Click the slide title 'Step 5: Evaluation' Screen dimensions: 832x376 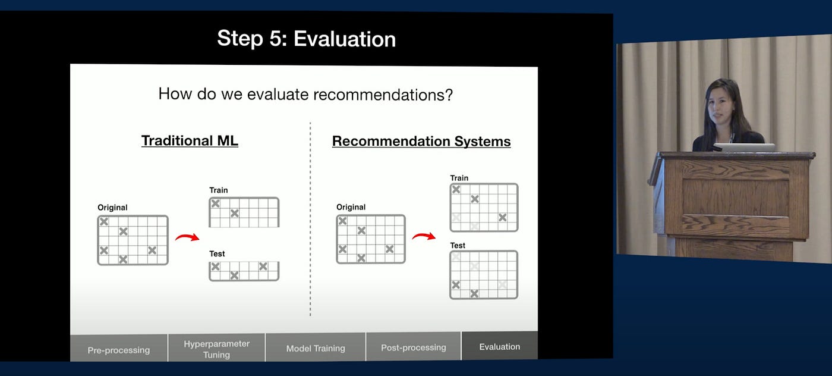pyautogui.click(x=307, y=39)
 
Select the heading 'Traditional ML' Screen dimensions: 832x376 pyautogui.click(x=190, y=140)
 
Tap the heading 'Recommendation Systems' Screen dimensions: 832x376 pyautogui.click(x=421, y=142)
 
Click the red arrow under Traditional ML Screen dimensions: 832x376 pyautogui.click(x=187, y=237)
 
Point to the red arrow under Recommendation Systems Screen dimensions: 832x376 pyautogui.click(x=424, y=236)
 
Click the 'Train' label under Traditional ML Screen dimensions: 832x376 pyautogui.click(x=219, y=190)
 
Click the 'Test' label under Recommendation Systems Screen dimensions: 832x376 pyautogui.click(x=458, y=246)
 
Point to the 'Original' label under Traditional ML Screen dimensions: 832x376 pyautogui.click(x=112, y=208)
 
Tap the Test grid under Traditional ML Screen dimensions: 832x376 pyautogui.click(x=244, y=271)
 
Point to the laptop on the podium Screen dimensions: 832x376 pyautogui.click(x=744, y=148)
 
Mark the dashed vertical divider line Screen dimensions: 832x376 pyautogui.click(x=310, y=219)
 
